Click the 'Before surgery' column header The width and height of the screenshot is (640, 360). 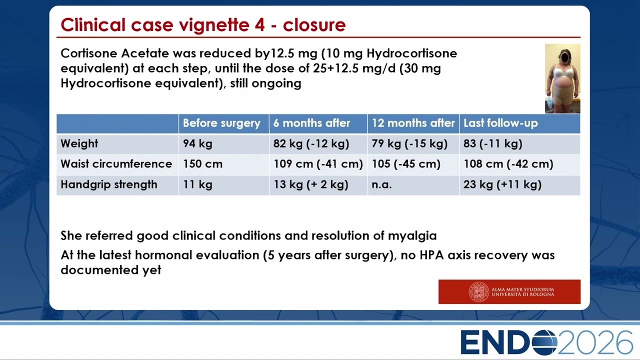point(221,123)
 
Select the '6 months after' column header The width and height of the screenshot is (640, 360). point(311,123)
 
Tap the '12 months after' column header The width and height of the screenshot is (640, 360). point(413,123)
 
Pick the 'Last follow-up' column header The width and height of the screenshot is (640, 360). point(500,123)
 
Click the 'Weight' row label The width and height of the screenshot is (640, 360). point(79,143)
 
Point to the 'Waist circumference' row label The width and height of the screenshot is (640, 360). point(116,164)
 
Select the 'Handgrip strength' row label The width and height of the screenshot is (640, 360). point(109,184)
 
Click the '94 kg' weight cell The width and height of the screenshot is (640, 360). point(197,143)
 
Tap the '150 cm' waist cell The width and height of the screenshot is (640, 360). point(202,164)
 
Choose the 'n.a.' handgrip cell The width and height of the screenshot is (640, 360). point(381,185)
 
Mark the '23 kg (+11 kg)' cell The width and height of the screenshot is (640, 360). point(502,184)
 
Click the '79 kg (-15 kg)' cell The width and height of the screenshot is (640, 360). point(409,143)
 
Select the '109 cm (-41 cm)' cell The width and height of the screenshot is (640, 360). point(318,164)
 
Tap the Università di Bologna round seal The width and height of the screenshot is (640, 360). point(478,291)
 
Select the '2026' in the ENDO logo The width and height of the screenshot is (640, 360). point(595,342)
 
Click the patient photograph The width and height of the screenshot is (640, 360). point(562,78)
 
